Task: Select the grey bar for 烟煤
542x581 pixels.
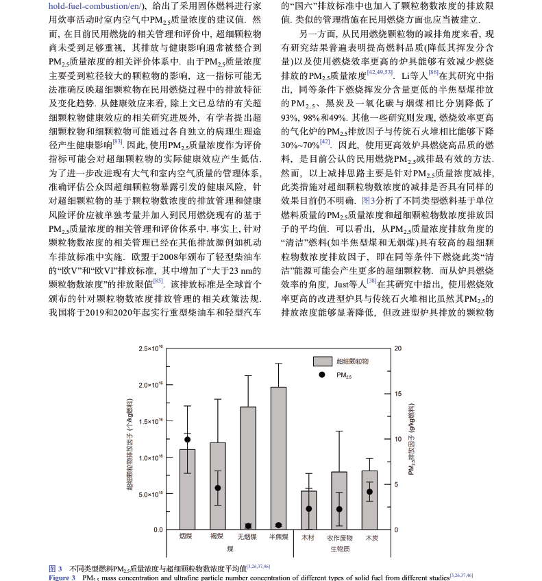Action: coord(187,489)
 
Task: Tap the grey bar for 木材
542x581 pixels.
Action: coord(309,510)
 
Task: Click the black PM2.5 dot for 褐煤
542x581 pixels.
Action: coord(217,488)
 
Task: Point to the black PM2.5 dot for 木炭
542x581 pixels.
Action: coord(370,492)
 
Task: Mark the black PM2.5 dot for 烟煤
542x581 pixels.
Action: coord(187,439)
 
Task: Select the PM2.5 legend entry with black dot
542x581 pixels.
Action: coord(336,375)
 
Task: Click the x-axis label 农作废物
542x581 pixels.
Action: coord(339,538)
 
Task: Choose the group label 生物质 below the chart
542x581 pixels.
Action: coord(340,549)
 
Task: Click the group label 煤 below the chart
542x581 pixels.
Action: coord(230,549)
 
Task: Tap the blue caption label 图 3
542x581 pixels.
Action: coord(55,569)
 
